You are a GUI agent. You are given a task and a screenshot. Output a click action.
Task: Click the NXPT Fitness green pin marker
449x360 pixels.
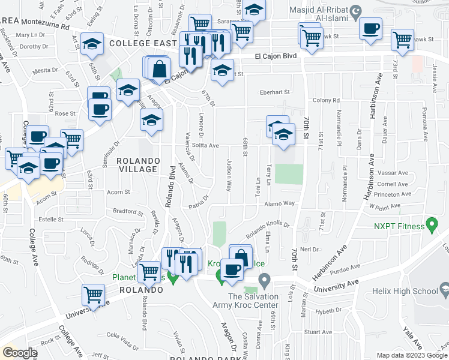click(x=430, y=226)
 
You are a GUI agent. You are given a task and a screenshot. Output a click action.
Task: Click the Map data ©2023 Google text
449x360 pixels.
click(x=412, y=355)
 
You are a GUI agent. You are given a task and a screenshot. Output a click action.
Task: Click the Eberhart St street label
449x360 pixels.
click(x=274, y=92)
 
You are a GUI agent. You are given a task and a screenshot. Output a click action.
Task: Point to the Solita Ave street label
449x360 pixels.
click(x=205, y=146)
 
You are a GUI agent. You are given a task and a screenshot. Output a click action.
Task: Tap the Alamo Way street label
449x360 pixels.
click(x=280, y=204)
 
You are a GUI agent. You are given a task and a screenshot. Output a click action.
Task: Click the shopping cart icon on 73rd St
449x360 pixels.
click(x=402, y=40)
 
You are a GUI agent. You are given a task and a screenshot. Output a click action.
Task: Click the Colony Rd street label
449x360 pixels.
click(x=326, y=101)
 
